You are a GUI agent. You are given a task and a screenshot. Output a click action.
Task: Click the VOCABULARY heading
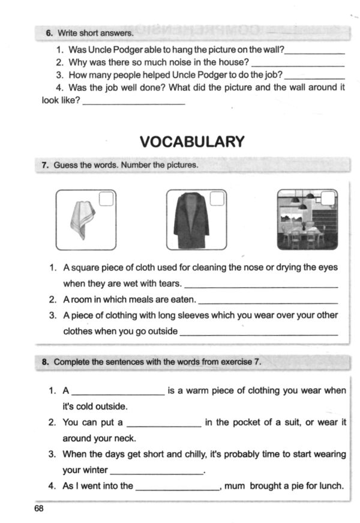tap(192, 142)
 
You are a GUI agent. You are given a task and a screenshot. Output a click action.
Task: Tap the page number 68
tap(39, 509)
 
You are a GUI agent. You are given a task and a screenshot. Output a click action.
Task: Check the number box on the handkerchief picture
tap(106, 199)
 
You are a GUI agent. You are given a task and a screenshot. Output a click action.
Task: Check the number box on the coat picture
tap(217, 199)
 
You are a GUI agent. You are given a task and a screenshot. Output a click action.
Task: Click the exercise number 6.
tap(50, 33)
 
